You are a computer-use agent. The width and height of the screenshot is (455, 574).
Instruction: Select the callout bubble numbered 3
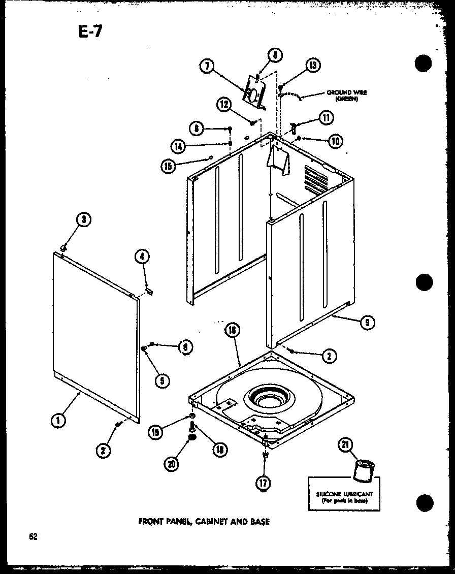84,220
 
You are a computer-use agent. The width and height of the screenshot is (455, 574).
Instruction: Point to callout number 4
143,257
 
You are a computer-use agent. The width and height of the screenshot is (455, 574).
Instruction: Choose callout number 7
206,67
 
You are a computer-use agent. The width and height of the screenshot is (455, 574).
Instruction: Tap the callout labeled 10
335,141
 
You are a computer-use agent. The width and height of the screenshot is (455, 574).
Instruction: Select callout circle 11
326,117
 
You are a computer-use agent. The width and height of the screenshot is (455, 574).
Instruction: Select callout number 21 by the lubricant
345,445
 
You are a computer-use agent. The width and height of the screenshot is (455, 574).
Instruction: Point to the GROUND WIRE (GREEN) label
347,95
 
